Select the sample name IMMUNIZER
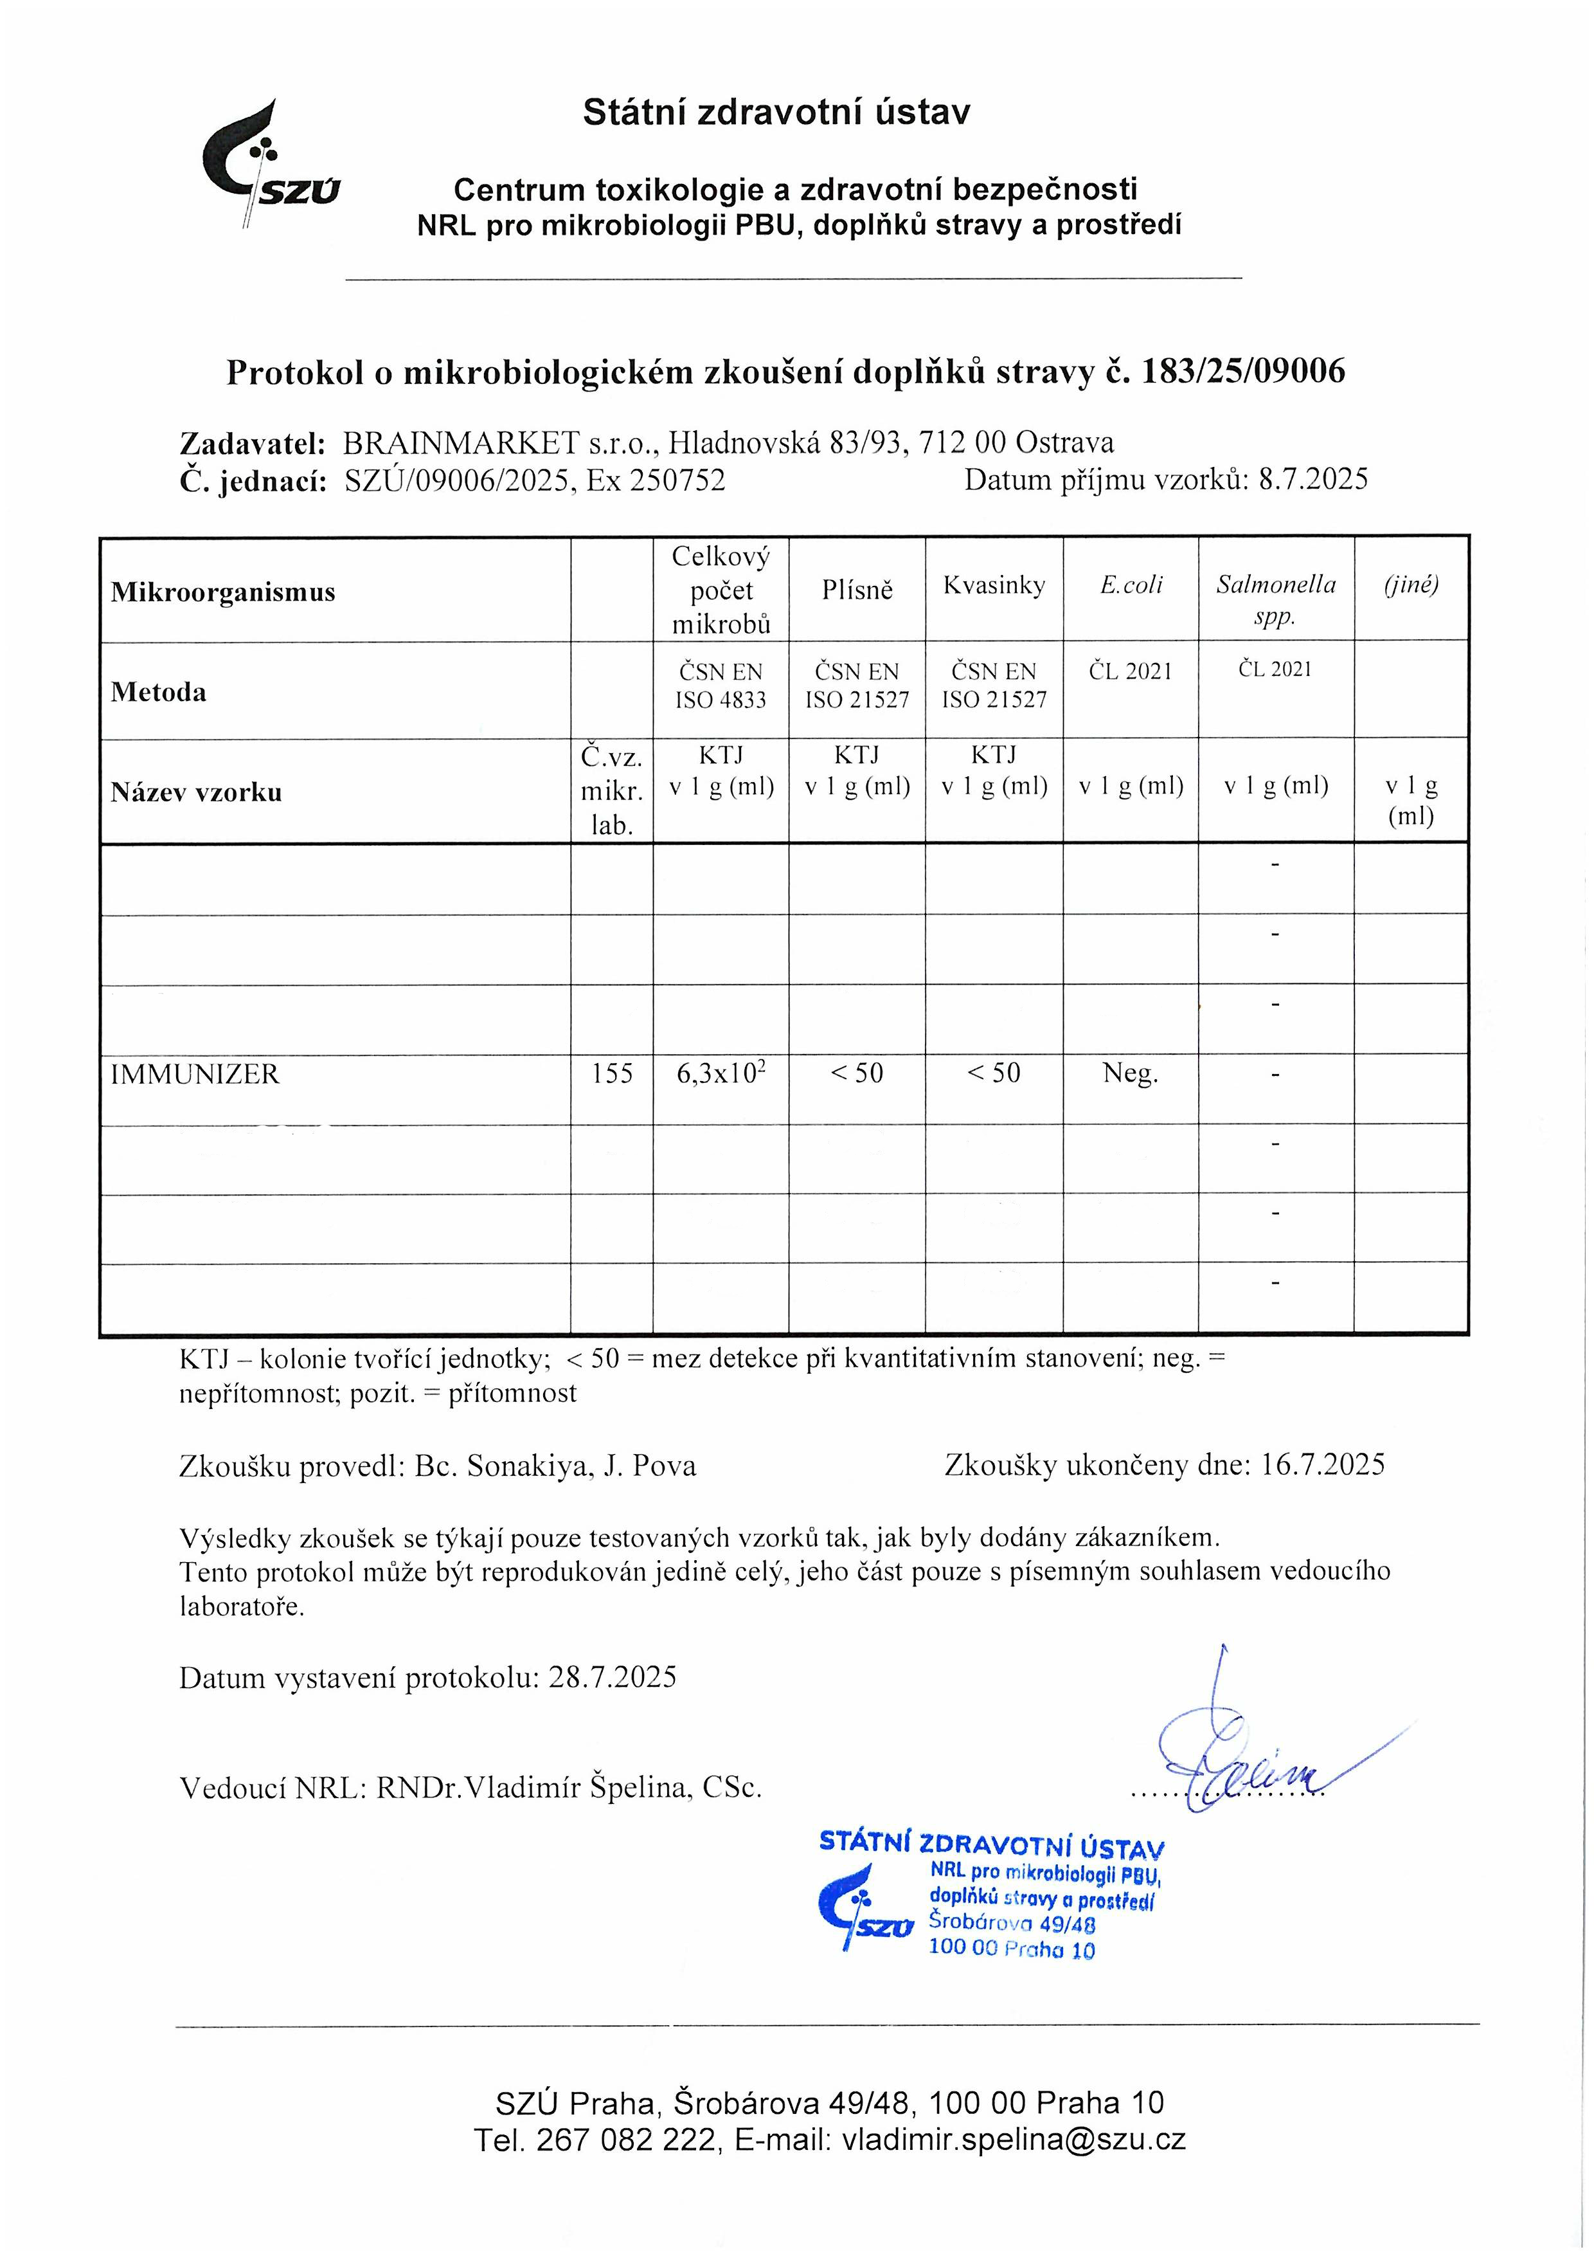[195, 1074]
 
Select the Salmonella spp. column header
[1276, 599]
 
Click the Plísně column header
[857, 590]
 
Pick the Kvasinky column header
[994, 586]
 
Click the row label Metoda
[158, 692]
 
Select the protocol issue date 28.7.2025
[613, 1677]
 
